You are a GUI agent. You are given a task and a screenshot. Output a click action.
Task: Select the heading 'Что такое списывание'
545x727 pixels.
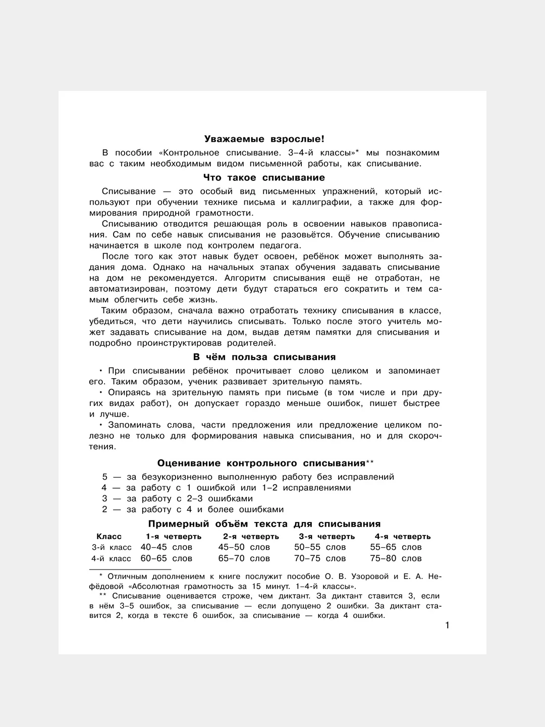click(x=264, y=178)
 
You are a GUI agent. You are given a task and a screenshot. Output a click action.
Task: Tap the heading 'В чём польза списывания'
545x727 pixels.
click(x=264, y=357)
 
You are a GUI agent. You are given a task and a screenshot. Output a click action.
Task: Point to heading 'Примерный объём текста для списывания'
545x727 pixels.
click(x=264, y=524)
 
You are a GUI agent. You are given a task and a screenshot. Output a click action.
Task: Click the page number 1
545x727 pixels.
click(x=447, y=626)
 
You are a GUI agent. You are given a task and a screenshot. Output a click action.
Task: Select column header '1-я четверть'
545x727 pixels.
click(x=174, y=536)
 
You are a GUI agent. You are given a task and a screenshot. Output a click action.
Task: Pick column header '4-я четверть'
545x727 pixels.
click(x=402, y=536)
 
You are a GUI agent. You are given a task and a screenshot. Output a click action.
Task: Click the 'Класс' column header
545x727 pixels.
click(x=109, y=536)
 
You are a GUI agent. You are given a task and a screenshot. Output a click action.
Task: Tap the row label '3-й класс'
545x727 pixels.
click(x=112, y=547)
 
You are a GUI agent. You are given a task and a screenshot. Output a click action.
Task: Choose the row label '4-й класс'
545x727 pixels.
click(x=111, y=558)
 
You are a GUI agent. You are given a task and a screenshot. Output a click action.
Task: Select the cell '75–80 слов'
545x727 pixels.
click(x=396, y=558)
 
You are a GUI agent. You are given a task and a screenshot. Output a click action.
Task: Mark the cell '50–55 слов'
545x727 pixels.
click(x=320, y=547)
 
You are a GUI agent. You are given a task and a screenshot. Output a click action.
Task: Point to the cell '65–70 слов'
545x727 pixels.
click(x=244, y=558)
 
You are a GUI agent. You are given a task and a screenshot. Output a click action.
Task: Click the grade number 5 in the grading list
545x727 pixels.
click(x=105, y=477)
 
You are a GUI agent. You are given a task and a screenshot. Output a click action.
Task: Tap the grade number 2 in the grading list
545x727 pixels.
click(x=105, y=510)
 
